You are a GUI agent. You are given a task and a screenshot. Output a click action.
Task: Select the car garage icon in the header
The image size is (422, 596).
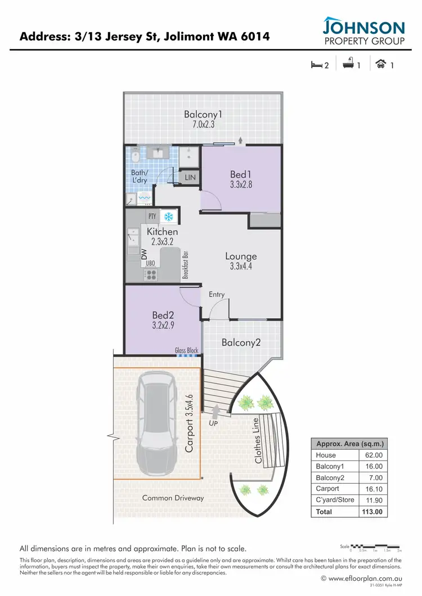[380, 64]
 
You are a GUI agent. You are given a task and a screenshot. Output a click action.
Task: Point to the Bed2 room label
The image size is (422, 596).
[163, 320]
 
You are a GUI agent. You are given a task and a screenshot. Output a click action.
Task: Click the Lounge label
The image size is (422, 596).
[241, 261]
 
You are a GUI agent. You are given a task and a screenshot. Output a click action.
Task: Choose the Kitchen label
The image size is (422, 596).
[162, 236]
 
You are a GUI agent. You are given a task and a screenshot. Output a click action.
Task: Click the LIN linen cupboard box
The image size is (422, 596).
[190, 178]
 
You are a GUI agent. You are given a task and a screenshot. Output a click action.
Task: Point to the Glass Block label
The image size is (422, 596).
[186, 350]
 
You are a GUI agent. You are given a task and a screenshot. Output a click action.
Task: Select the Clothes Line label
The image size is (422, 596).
[258, 440]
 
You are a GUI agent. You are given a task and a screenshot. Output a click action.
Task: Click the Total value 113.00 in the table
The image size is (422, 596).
[371, 512]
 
